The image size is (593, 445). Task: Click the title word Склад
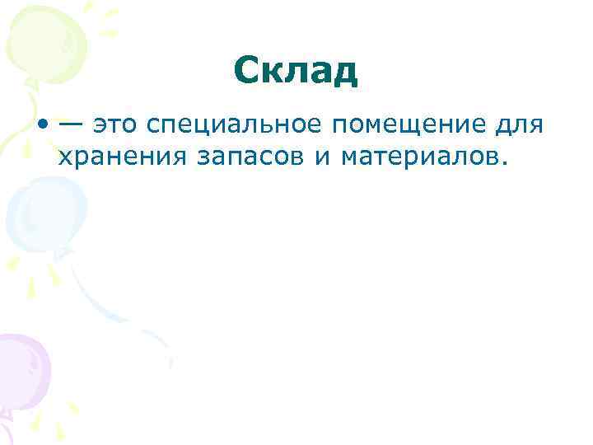(x=296, y=72)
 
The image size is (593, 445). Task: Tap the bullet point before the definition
(x=40, y=124)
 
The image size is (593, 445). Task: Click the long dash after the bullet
(x=69, y=124)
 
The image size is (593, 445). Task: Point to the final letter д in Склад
(x=345, y=73)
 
